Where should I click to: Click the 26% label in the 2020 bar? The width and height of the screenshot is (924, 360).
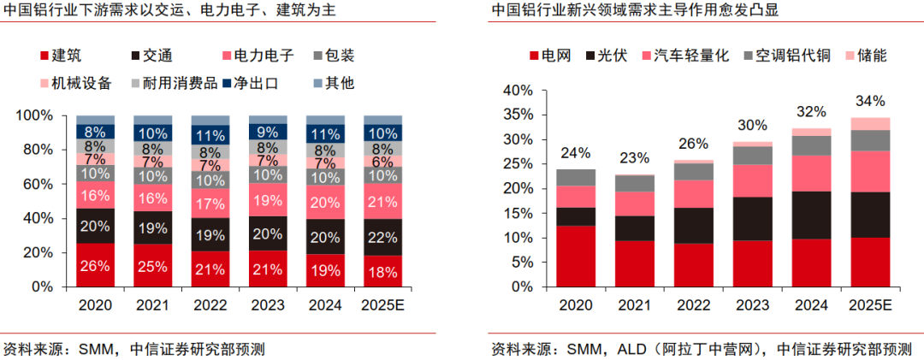(95, 266)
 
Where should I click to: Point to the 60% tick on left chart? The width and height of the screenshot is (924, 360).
(37, 184)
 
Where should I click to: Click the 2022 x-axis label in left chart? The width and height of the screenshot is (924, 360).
(210, 305)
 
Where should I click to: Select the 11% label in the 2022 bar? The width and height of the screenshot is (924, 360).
(210, 135)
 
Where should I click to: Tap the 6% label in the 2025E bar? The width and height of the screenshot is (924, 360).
(383, 162)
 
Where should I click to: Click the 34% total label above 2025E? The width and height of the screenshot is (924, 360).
(870, 102)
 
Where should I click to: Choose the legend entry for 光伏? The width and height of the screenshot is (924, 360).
(606, 56)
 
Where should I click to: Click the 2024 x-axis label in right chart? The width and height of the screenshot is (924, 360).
(811, 305)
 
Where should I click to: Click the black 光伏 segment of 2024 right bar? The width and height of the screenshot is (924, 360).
(811, 215)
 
